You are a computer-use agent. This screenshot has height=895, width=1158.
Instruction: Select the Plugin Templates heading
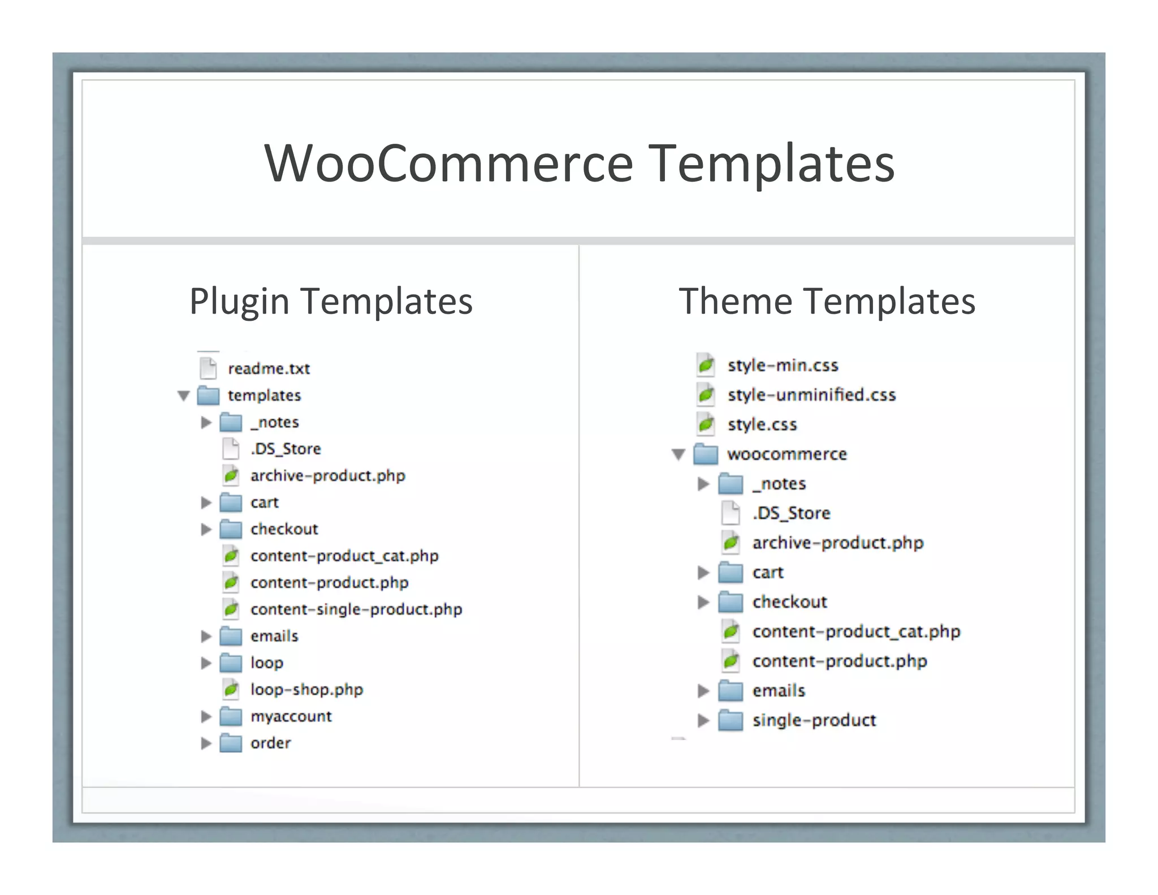click(331, 301)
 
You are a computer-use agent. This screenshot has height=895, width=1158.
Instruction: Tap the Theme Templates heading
click(827, 301)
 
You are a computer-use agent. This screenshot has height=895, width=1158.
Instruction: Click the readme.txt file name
click(269, 369)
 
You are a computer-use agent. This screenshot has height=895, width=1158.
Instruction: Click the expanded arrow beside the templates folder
click(183, 395)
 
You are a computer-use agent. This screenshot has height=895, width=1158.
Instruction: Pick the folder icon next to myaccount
click(231, 716)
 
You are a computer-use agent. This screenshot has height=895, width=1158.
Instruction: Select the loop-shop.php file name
click(306, 690)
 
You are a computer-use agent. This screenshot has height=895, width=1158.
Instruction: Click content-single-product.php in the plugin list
click(356, 609)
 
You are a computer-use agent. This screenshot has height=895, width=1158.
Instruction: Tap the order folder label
click(270, 743)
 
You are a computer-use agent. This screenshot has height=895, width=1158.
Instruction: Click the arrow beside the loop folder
click(206, 662)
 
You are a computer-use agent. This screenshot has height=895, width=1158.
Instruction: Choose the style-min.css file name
click(783, 365)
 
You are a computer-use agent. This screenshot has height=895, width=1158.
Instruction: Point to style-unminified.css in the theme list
click(811, 395)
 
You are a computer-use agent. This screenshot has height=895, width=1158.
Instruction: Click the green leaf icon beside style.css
click(706, 424)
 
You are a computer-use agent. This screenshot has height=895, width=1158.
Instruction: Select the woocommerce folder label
click(787, 454)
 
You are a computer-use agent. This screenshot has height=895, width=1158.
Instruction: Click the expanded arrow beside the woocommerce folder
click(679, 454)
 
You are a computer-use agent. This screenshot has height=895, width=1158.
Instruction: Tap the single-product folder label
click(814, 720)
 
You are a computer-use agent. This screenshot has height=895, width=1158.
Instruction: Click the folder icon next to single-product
click(731, 721)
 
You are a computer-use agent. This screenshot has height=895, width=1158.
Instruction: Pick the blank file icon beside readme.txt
click(208, 368)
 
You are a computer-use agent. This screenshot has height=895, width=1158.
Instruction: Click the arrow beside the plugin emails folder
click(206, 636)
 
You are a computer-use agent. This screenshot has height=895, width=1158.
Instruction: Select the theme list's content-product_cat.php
click(856, 631)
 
